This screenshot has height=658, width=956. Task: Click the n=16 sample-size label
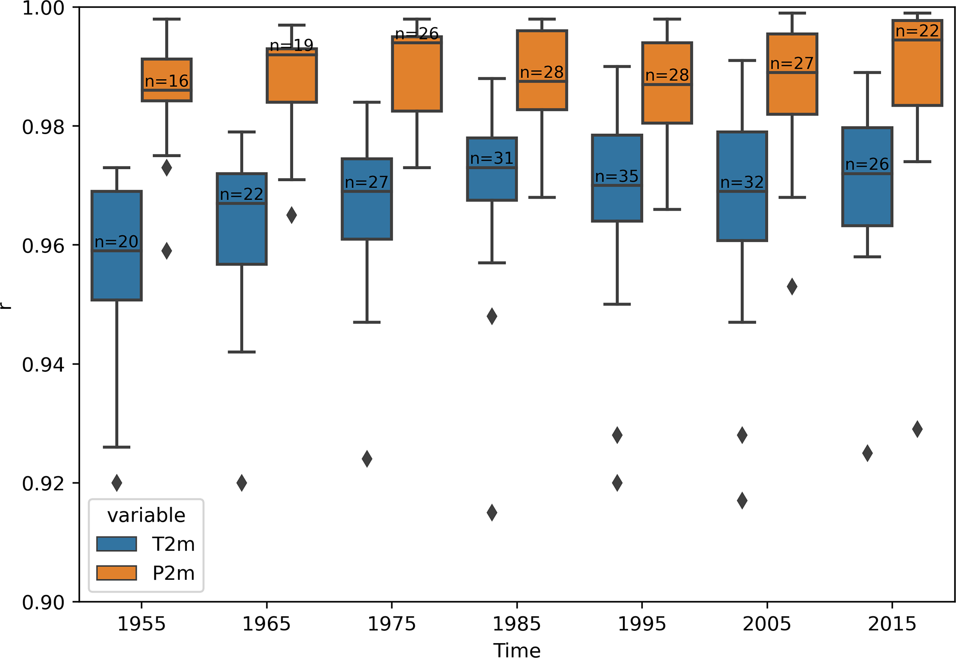tap(167, 81)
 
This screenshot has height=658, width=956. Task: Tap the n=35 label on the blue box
tap(617, 176)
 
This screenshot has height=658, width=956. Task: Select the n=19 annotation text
tap(291, 45)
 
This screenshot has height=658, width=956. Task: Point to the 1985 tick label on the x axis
tap(517, 624)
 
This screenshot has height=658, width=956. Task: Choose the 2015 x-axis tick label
tap(892, 624)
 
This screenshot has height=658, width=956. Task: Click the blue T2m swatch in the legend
tap(117, 544)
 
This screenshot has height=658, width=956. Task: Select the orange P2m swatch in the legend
tap(117, 573)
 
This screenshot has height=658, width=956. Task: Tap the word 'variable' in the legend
tap(146, 515)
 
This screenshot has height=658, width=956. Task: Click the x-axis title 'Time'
tap(517, 650)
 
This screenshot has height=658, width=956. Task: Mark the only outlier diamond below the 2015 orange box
tap(917, 429)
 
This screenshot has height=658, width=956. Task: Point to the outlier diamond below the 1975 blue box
tap(367, 459)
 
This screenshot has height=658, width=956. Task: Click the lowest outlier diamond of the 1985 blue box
tap(492, 512)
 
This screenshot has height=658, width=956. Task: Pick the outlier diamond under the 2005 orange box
tap(792, 287)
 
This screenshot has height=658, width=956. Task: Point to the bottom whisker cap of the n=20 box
tap(117, 447)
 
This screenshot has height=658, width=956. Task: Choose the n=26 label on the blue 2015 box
tap(867, 164)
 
